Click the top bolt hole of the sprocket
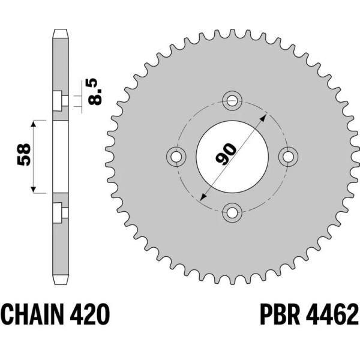click(x=232, y=100)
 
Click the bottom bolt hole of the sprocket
click(x=232, y=211)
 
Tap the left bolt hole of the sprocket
click(x=176, y=155)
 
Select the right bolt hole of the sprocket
click(x=289, y=155)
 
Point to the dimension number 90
click(x=226, y=154)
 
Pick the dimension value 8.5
click(x=94, y=90)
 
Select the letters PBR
click(x=279, y=314)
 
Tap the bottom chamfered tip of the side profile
click(x=60, y=281)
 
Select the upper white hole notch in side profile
click(x=59, y=101)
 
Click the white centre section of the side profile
click(x=60, y=157)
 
